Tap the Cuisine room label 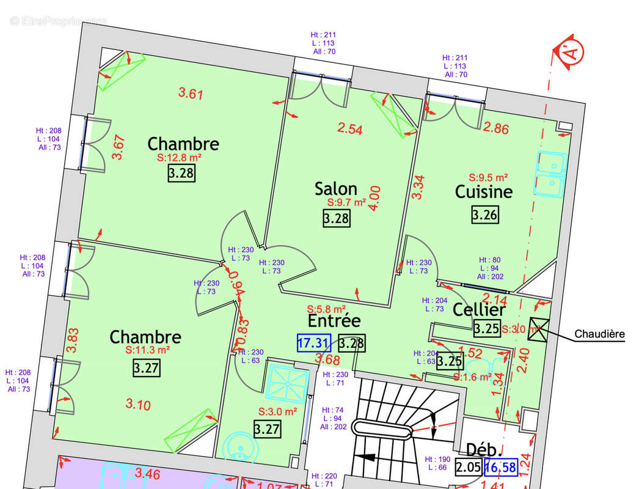click(483, 191)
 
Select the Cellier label click(478, 309)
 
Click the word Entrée click(334, 320)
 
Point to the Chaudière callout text click(599, 334)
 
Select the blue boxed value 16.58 click(500, 468)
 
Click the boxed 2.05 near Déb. click(468, 468)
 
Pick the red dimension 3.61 click(190, 94)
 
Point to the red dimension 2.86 click(495, 128)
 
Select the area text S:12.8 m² click(180, 158)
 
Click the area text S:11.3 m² click(147, 351)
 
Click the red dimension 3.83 click(73, 340)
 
